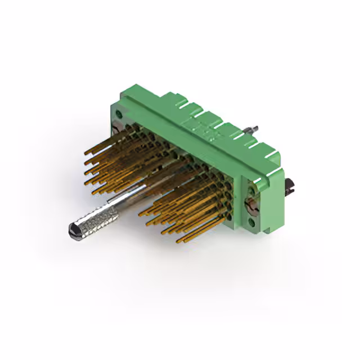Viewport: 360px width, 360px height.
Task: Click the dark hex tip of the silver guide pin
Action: point(73,229)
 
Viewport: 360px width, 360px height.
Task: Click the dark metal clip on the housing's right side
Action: point(291,187)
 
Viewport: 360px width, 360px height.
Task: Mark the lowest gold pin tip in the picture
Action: point(178,241)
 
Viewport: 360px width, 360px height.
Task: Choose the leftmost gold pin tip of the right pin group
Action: point(139,212)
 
